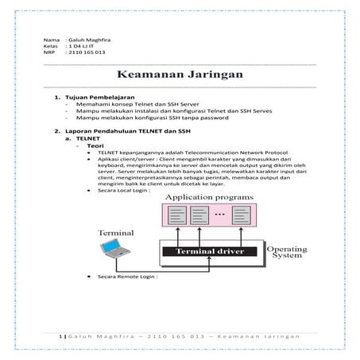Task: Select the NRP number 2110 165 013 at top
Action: [x=86, y=52]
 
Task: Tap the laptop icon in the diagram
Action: [x=113, y=250]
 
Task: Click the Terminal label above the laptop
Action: [x=115, y=233]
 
